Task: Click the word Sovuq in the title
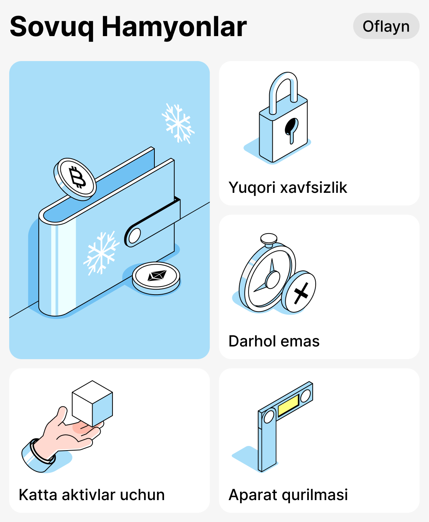(51, 27)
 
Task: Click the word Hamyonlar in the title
(174, 27)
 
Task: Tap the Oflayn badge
(386, 26)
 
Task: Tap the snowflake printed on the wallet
(101, 253)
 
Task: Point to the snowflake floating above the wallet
(178, 123)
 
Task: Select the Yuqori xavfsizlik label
(288, 187)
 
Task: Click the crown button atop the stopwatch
(269, 239)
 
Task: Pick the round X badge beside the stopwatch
(300, 292)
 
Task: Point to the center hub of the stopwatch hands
(273, 279)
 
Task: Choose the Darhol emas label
(274, 341)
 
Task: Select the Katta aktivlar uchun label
(92, 495)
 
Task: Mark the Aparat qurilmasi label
(288, 495)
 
